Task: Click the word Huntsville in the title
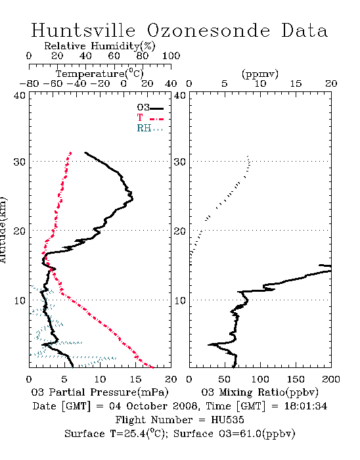(83, 30)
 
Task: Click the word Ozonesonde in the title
(208, 30)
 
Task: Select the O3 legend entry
(150, 108)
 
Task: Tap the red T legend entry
(150, 118)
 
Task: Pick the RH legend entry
(150, 128)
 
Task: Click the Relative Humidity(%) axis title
(100, 46)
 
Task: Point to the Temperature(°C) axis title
(100, 74)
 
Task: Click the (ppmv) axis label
(260, 74)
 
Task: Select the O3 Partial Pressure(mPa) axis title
(100, 392)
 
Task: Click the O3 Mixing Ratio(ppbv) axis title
(260, 392)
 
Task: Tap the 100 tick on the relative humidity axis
(171, 56)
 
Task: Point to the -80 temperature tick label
(30, 83)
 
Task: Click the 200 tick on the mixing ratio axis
(331, 379)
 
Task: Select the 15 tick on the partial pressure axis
(135, 379)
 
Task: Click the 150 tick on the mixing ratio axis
(296, 379)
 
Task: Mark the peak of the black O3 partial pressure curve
(133, 199)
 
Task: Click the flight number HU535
(227, 420)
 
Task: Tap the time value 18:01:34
(305, 406)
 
